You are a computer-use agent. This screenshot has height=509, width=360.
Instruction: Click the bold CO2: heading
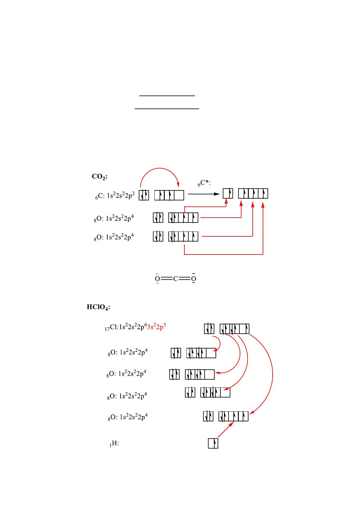(100, 177)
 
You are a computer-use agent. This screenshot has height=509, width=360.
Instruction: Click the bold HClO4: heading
(98, 307)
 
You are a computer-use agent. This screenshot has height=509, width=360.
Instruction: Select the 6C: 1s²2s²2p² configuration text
(115, 196)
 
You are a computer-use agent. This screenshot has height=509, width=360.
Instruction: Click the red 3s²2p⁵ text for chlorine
(157, 327)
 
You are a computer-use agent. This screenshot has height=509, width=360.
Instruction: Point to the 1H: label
(114, 444)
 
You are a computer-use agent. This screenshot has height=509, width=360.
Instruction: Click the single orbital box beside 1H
(213, 443)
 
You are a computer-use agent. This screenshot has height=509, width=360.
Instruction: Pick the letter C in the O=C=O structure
(175, 279)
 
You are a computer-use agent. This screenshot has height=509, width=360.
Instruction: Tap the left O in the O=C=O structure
(157, 279)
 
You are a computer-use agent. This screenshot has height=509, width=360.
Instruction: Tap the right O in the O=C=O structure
(194, 279)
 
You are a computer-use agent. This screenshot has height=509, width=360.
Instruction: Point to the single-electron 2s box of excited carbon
(228, 193)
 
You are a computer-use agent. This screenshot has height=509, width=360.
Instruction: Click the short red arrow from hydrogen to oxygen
(225, 430)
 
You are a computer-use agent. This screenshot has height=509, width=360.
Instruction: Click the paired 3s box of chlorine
(209, 329)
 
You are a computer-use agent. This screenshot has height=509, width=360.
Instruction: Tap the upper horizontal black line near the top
(167, 96)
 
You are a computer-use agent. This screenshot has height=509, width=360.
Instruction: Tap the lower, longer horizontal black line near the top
(167, 108)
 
